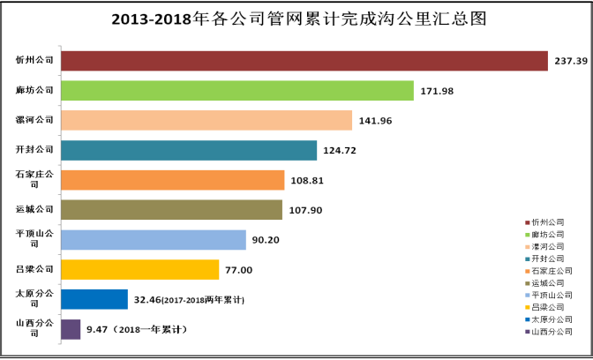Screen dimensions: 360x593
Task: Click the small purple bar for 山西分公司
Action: (x=71, y=329)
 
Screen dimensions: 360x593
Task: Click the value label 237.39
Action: (x=572, y=61)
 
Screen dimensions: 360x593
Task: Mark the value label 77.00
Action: (x=238, y=270)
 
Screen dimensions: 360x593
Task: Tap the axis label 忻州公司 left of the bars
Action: (x=34, y=61)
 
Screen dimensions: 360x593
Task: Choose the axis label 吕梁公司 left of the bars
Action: (x=34, y=269)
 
